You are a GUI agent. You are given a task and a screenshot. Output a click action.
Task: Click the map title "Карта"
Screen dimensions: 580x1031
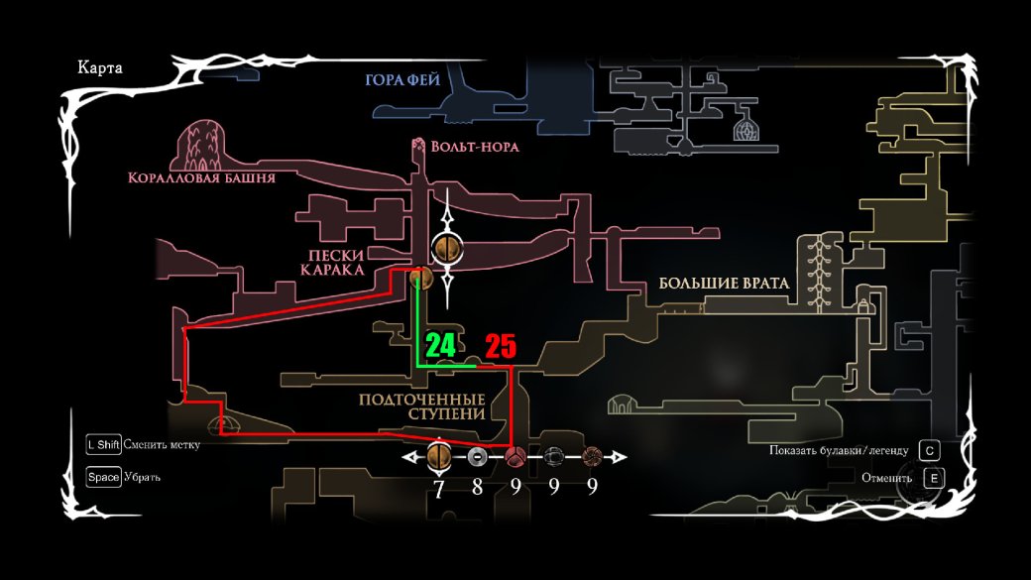(99, 68)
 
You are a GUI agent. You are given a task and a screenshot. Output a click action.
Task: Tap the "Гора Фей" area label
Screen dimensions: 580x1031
(401, 79)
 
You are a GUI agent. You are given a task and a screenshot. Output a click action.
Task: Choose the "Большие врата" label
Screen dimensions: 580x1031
(724, 284)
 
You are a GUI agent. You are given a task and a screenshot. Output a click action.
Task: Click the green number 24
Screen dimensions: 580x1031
(440, 346)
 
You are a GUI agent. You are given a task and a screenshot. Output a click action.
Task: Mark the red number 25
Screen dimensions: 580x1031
(501, 347)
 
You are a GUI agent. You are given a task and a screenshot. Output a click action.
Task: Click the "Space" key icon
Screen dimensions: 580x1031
(104, 477)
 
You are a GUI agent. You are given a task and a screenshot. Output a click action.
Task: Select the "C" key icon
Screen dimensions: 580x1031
(929, 450)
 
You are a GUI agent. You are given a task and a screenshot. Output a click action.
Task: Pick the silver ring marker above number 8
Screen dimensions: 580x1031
(477, 457)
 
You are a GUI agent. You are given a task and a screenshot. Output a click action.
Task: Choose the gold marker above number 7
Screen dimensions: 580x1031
(438, 457)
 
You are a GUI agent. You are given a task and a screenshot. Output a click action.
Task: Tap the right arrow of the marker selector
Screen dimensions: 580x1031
(621, 457)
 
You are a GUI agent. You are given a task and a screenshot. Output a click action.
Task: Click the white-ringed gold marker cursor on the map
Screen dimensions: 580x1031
(446, 248)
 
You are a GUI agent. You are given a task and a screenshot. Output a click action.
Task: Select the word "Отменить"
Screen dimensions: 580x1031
(885, 478)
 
